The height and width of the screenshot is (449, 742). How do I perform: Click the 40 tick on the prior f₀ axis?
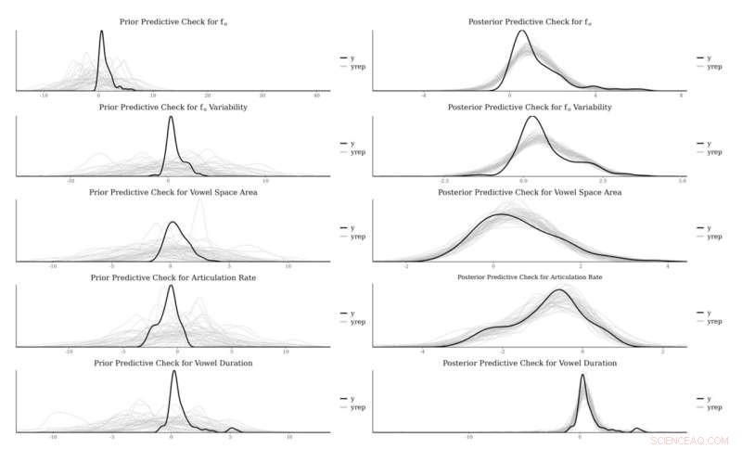point(317,96)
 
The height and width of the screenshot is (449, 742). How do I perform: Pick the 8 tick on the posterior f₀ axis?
point(682,96)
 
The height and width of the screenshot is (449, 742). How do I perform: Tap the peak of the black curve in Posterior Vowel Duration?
point(582,376)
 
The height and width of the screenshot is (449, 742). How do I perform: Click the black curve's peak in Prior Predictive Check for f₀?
point(101,32)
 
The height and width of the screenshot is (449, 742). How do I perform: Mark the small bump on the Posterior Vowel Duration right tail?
point(637,429)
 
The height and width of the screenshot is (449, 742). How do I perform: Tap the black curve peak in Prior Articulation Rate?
point(170,286)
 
